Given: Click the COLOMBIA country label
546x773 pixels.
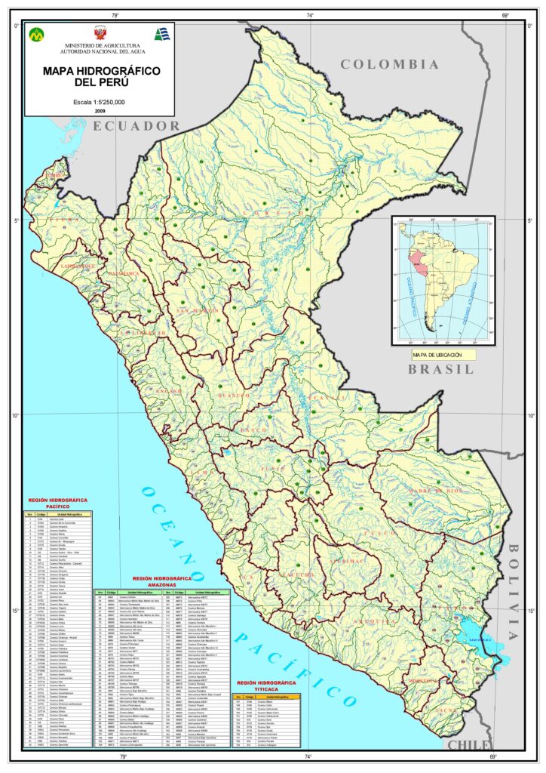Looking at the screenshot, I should click(x=389, y=65).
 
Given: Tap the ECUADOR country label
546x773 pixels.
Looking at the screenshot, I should click(x=137, y=126).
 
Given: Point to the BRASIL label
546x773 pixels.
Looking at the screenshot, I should click(x=441, y=369).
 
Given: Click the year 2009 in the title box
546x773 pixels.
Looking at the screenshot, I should click(x=100, y=111).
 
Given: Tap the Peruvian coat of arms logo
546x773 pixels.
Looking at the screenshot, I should click(x=99, y=34).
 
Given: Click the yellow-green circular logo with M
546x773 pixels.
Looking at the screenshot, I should click(x=37, y=35).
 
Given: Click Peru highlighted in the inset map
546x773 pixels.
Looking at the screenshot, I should click(x=414, y=257).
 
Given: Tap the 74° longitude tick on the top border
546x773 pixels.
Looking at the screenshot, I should click(x=310, y=15).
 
